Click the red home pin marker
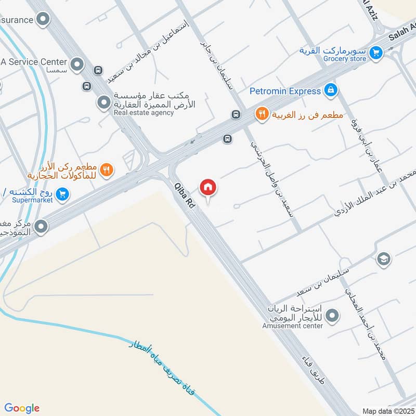(208, 187)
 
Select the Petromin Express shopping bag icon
(330, 90)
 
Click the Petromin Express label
(285, 91)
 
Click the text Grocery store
(344, 59)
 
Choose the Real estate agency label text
(144, 112)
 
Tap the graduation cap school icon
(384, 258)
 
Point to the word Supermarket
(27, 201)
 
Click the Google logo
(22, 408)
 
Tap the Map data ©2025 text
(388, 411)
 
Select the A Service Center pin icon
(77, 64)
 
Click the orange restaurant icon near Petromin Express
(262, 113)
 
